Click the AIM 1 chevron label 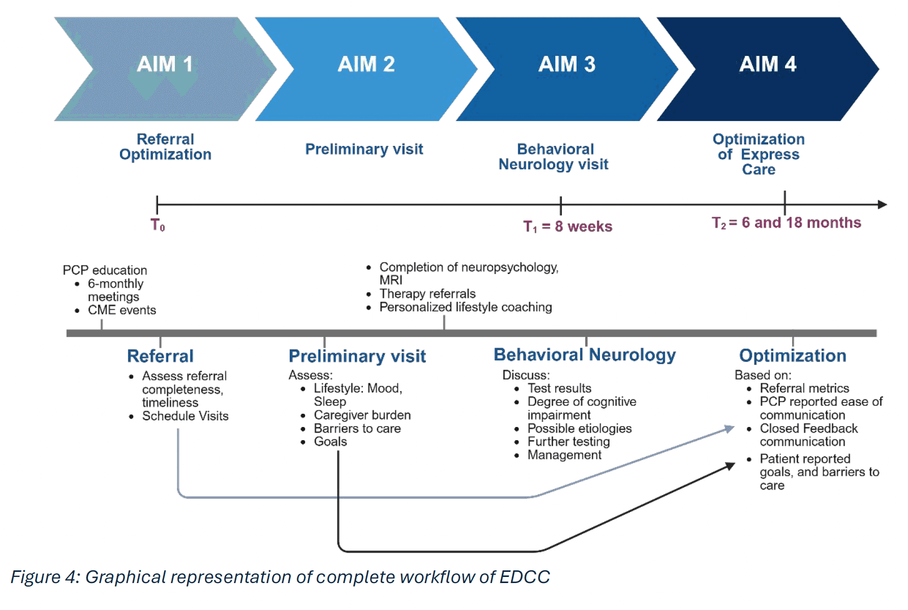[165, 65]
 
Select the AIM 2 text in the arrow [366, 65]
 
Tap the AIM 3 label [566, 65]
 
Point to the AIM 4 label [768, 65]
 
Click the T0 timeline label [158, 225]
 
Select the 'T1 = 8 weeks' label [567, 227]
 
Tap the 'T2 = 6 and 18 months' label [786, 223]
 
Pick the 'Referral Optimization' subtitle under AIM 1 [165, 147]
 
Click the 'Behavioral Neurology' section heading [585, 355]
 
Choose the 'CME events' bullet [122, 310]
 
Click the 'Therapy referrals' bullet [427, 294]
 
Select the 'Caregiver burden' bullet [362, 415]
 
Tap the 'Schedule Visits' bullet [185, 416]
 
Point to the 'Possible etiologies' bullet [579, 429]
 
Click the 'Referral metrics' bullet [804, 388]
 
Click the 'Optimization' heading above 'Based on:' [792, 356]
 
